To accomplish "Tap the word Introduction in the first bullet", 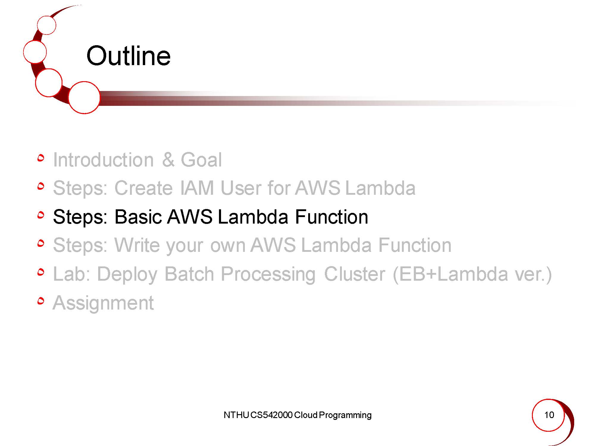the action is tap(103, 160).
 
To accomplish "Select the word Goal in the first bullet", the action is tap(201, 160).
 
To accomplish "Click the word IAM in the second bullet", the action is tap(197, 188).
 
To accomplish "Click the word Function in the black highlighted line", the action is tap(332, 216).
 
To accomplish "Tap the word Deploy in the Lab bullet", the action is tap(127, 274).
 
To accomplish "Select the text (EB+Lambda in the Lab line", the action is tap(450, 274).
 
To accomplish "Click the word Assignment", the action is tap(103, 303).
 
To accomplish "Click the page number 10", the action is tap(549, 415).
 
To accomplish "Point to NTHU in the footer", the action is tap(236, 415).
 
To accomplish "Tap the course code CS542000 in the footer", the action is tap(271, 415).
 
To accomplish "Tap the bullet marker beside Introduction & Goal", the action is tap(41, 158).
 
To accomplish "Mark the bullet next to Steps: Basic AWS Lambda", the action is tap(41, 215).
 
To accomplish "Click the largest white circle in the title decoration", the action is tap(84, 98).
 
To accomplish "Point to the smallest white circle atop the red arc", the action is tap(47, 25).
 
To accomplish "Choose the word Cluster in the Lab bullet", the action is tap(355, 274).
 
